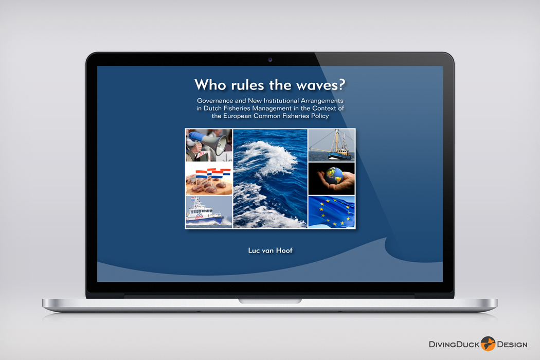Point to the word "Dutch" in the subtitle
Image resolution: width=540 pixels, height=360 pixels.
point(212,108)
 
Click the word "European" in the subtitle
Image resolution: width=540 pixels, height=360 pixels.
point(237,116)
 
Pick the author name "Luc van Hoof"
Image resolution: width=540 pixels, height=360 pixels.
point(271,250)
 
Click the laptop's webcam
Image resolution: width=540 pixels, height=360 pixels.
point(270,60)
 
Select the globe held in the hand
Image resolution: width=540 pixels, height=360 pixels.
point(335,176)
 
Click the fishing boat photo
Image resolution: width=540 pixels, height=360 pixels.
point(331,145)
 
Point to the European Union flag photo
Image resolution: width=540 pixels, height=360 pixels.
point(331,212)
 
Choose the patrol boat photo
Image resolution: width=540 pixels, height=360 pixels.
point(209,212)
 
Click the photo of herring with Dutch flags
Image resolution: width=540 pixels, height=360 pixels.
point(209,178)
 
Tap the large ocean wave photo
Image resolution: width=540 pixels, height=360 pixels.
point(270,178)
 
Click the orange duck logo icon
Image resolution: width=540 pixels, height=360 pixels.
point(488,344)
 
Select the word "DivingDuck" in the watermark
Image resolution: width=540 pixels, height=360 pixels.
point(454,345)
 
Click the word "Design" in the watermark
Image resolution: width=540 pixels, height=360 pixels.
point(512,345)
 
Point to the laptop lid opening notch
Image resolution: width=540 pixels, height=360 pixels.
point(270,301)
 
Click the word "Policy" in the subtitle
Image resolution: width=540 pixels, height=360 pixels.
point(320,116)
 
